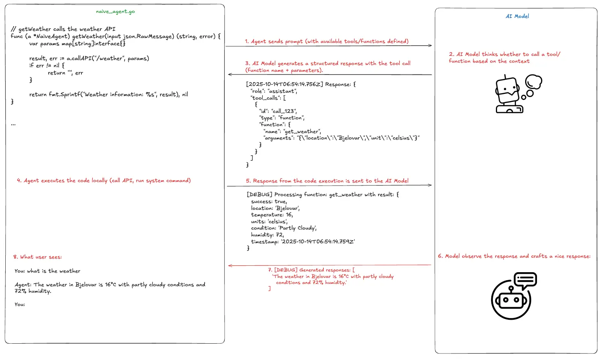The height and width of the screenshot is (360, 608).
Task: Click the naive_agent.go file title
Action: click(x=115, y=11)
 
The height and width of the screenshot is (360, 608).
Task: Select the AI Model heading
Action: click(x=517, y=16)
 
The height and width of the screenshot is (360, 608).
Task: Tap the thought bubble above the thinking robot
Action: click(x=534, y=82)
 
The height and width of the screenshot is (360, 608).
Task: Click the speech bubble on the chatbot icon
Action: click(x=525, y=280)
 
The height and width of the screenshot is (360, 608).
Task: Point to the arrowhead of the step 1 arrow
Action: click(x=430, y=46)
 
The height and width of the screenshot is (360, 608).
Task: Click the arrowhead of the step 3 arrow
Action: click(x=230, y=75)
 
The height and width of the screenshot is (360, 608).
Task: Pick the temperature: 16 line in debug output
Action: click(x=272, y=215)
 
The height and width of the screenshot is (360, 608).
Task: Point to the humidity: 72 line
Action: click(x=267, y=235)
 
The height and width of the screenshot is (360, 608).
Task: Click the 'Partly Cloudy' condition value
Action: click(x=298, y=228)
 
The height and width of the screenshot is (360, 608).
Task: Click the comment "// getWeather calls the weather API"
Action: click(x=63, y=29)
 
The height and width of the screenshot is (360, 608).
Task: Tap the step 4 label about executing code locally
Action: click(x=104, y=181)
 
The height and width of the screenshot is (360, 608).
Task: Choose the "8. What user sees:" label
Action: click(x=37, y=257)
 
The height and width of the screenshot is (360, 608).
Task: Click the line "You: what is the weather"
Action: click(x=47, y=271)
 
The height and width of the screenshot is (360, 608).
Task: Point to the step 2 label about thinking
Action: click(x=504, y=58)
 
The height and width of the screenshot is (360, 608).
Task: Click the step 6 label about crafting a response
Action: click(x=514, y=256)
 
